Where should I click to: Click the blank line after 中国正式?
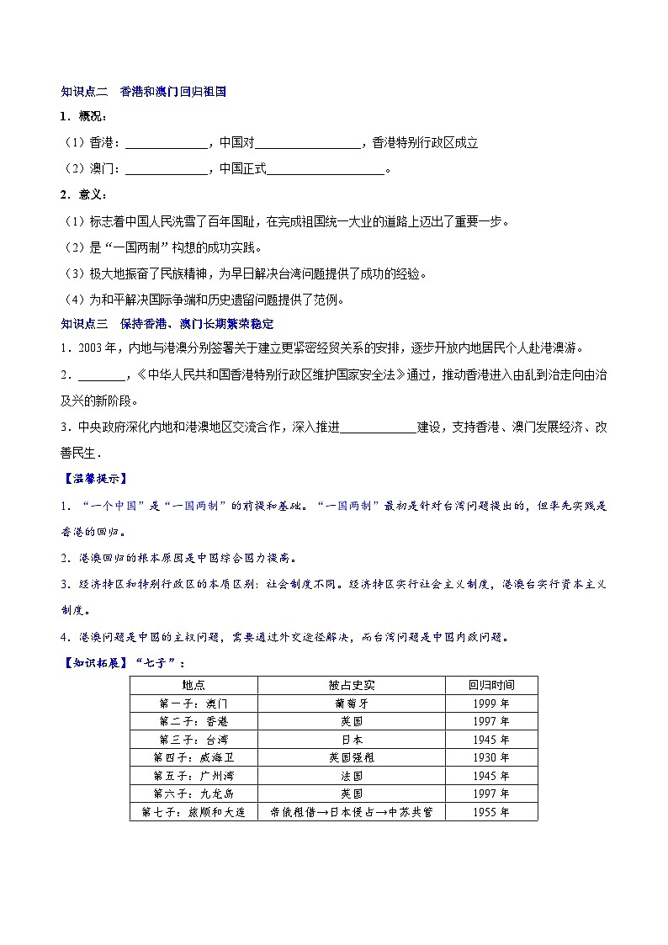click(325, 170)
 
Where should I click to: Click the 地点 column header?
click(194, 685)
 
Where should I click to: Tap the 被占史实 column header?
click(352, 685)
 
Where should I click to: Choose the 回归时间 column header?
click(491, 685)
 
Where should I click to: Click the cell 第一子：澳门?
click(194, 703)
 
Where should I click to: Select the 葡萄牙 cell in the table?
click(352, 703)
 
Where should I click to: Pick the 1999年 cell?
click(491, 703)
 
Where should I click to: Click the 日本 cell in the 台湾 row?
click(352, 740)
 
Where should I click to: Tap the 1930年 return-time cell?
click(491, 757)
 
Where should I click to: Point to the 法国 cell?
click(352, 776)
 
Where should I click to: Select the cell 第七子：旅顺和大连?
click(194, 812)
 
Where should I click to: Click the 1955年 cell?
click(491, 812)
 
